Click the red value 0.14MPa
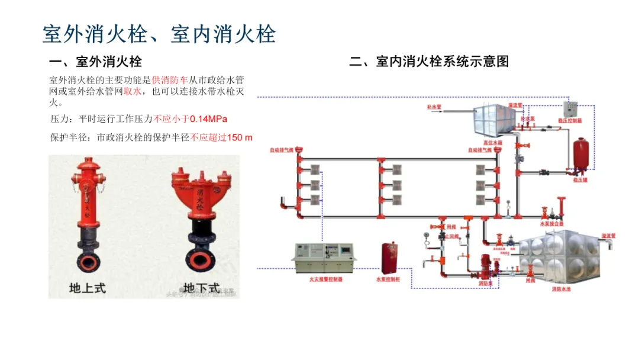(208, 119)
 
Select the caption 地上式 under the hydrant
(88, 288)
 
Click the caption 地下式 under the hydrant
(201, 288)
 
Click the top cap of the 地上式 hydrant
(88, 162)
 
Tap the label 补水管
(435, 107)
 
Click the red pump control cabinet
(388, 258)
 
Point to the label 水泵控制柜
(388, 278)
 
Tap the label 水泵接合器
(551, 224)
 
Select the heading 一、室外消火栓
(96, 61)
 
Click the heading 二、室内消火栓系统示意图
(429, 61)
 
